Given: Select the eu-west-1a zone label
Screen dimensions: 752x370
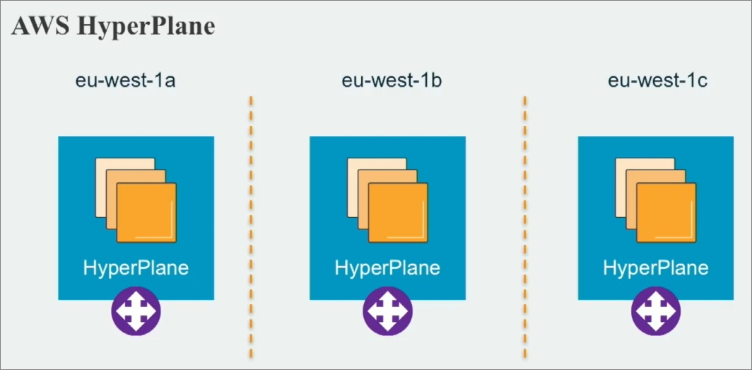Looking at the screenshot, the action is (x=126, y=81).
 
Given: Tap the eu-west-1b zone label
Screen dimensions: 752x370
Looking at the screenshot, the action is (x=392, y=81).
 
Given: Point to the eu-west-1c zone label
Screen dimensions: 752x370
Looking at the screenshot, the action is (x=658, y=81).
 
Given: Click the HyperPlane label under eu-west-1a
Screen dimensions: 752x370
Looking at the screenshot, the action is (x=136, y=268).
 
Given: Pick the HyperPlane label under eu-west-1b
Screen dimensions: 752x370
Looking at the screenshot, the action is (x=387, y=268).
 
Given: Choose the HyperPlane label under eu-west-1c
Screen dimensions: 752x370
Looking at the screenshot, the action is (x=655, y=268).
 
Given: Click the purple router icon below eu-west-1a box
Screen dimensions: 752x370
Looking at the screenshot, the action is (x=136, y=311).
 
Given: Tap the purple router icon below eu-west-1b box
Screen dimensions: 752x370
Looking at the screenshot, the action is (x=387, y=311).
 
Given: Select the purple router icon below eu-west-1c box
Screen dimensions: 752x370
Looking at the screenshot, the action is (x=655, y=311).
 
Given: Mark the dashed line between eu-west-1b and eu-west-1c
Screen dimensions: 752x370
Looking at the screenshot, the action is (x=524, y=226).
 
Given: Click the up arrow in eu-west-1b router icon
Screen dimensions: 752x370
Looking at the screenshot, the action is (x=387, y=301).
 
